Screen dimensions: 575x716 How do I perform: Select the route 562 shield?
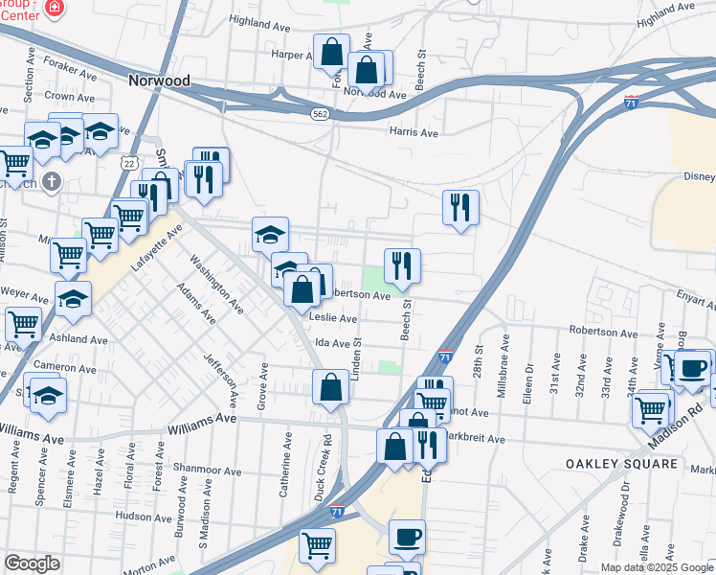[320, 113]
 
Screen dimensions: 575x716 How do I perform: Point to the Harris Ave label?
[413, 133]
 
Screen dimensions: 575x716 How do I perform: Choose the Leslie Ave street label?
[333, 318]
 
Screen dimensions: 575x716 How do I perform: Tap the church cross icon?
[52, 179]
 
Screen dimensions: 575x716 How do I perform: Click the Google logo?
[32, 563]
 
